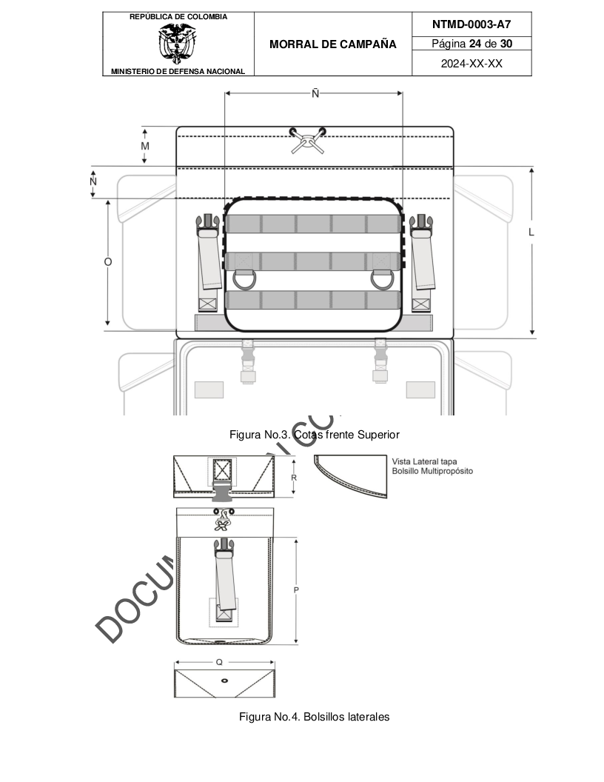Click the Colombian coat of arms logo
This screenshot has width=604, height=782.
[178, 43]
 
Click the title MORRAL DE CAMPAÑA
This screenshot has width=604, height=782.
[333, 44]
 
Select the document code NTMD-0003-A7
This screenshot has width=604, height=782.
[472, 24]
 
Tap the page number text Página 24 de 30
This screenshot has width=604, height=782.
[472, 44]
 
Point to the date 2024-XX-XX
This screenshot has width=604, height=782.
[472, 64]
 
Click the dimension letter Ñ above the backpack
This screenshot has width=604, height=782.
[315, 94]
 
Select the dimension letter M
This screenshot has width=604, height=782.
[145, 146]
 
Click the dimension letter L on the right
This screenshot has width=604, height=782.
[531, 232]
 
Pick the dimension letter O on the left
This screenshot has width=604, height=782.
[108, 262]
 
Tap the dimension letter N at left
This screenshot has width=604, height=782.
[93, 181]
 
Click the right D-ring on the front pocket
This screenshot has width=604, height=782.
[383, 280]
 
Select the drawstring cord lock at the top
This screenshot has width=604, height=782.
[307, 140]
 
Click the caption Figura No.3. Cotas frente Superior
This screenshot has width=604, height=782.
[315, 435]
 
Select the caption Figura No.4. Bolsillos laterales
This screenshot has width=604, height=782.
[314, 716]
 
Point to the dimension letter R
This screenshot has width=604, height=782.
[294, 478]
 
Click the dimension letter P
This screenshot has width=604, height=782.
[296, 590]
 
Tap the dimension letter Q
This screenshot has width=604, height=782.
[219, 661]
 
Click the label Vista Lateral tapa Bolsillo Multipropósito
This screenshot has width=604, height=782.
[432, 466]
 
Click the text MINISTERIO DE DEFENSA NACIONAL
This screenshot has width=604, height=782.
[178, 71]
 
